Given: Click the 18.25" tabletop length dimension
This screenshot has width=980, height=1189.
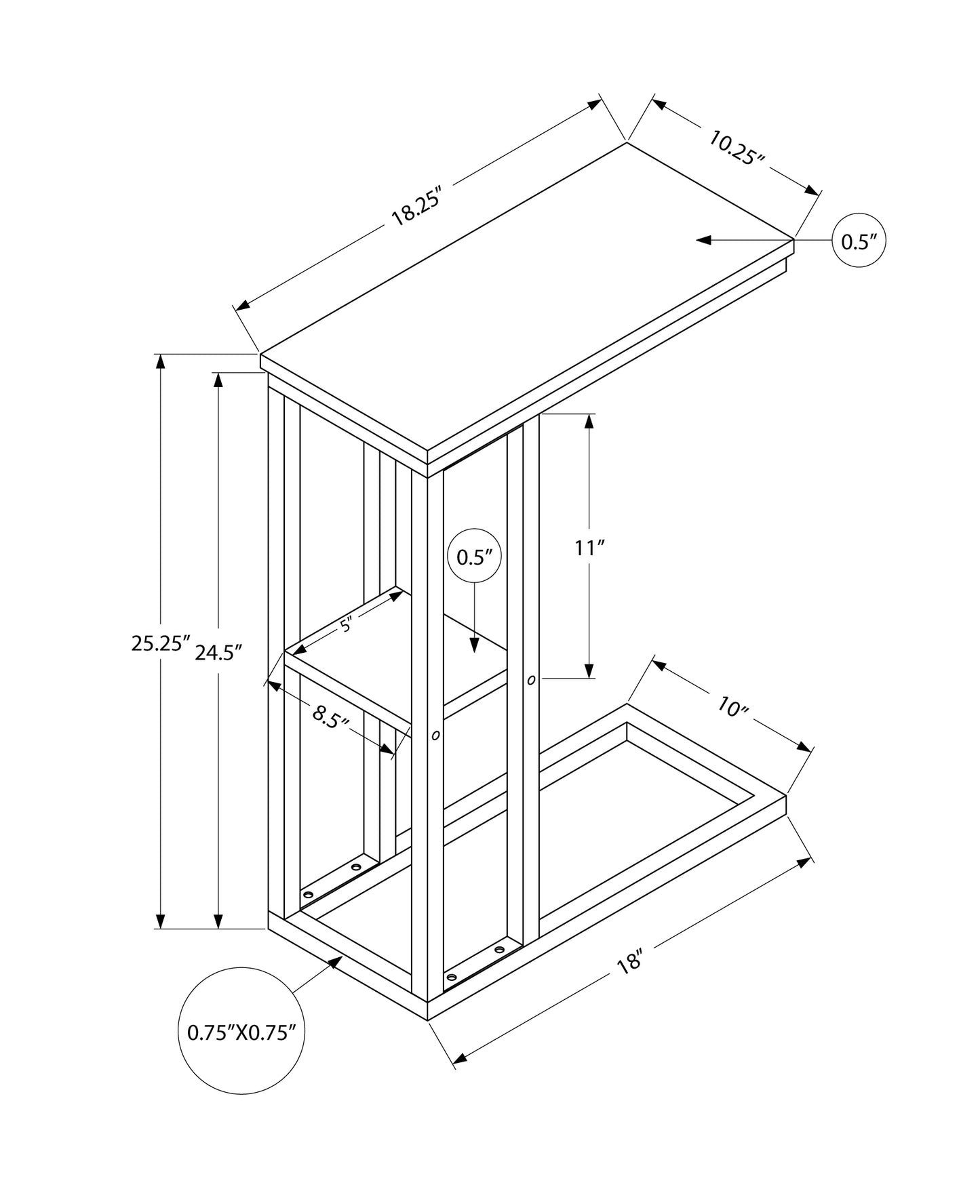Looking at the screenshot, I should point(416,206).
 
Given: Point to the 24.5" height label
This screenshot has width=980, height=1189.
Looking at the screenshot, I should point(218,652).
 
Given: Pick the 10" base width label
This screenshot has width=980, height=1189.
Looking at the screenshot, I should point(732,708).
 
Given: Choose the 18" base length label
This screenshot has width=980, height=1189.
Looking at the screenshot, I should point(630,963).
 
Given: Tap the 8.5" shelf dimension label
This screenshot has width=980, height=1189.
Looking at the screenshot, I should point(330,716).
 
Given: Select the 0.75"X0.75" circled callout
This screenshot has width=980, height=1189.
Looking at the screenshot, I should point(241,1032).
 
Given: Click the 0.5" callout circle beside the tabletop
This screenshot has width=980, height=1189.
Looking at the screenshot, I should point(859,241).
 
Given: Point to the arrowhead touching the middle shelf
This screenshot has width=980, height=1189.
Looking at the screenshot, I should point(475,645).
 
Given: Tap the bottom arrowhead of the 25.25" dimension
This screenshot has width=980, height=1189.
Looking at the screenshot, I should point(161,920).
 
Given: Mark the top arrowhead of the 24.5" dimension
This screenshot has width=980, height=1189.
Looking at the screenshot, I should point(218,380).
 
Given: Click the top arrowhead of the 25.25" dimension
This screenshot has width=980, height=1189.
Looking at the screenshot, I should point(161,362).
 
